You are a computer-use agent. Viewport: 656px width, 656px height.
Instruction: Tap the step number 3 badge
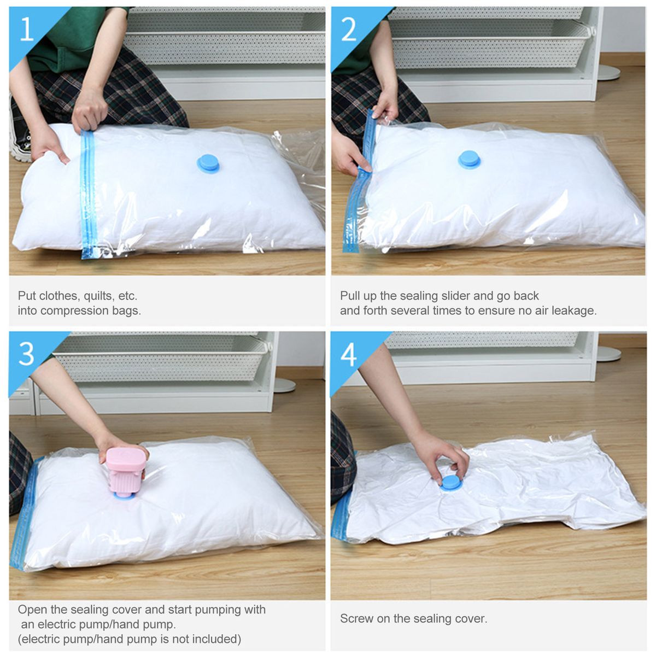(x=27, y=354)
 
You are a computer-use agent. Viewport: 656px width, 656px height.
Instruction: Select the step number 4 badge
(x=348, y=354)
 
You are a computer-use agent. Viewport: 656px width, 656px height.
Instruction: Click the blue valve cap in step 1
(x=208, y=164)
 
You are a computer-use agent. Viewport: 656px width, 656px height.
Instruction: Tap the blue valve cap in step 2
(x=469, y=160)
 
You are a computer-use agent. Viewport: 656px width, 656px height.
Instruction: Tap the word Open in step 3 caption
(x=32, y=610)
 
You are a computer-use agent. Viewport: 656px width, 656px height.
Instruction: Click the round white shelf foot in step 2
(x=608, y=73)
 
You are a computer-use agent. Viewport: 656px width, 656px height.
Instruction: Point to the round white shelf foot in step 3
(x=285, y=385)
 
